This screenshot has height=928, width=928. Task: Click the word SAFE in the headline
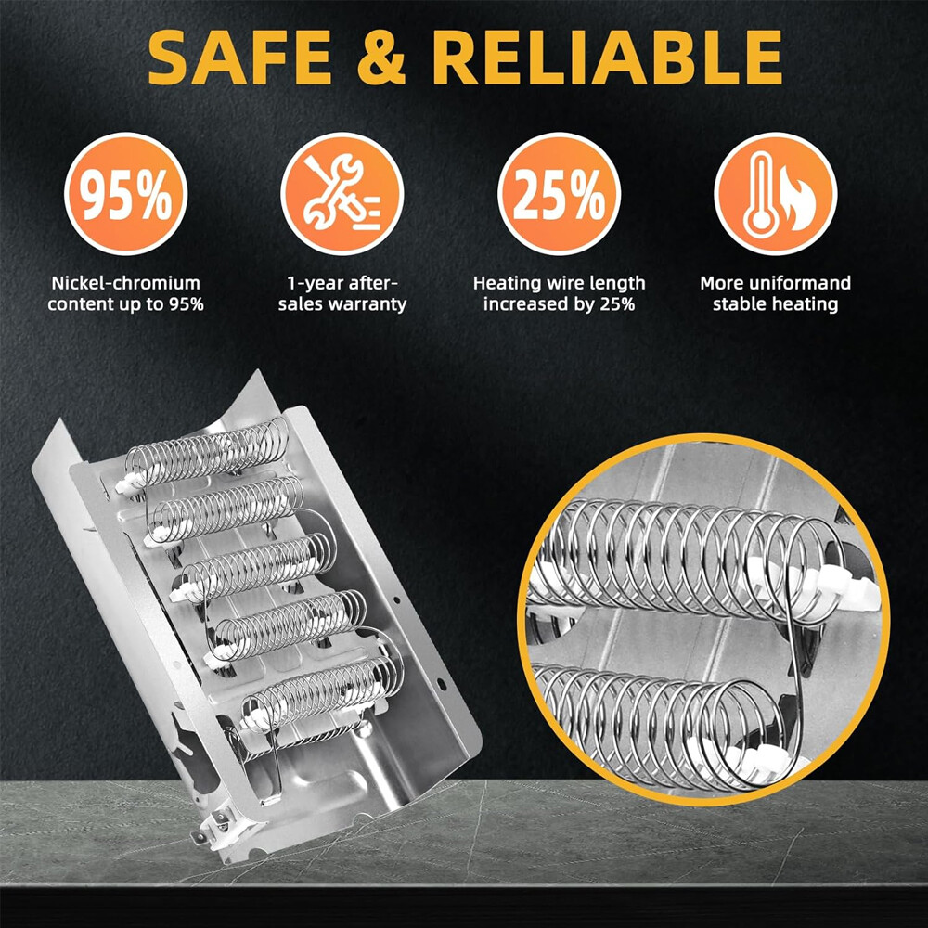click(239, 57)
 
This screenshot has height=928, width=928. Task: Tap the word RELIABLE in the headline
click(608, 57)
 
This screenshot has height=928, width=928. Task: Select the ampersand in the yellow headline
click(381, 57)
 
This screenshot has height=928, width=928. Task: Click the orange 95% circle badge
click(125, 194)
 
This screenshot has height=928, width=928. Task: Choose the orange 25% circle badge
click(559, 194)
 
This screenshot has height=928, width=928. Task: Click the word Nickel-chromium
click(125, 283)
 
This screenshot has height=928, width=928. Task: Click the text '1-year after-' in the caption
click(342, 283)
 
